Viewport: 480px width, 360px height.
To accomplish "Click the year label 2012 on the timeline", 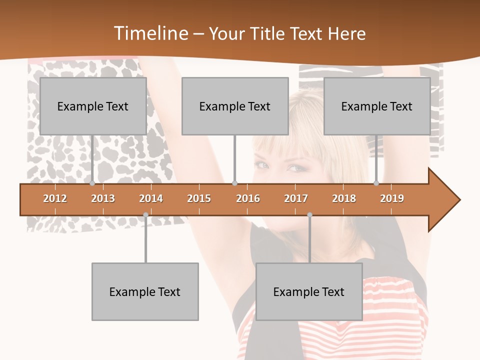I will click(55, 198).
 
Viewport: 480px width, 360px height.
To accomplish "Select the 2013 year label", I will click(103, 198).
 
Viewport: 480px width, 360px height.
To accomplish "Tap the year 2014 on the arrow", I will click(151, 198).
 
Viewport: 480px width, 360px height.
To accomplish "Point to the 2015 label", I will click(199, 198).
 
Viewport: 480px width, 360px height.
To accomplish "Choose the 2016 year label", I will click(248, 198).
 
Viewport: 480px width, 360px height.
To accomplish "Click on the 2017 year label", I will click(296, 198).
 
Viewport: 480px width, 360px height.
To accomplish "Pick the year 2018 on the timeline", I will click(344, 198).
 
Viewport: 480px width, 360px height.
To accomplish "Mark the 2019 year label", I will click(392, 198).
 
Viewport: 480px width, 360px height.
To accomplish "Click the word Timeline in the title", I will click(150, 33).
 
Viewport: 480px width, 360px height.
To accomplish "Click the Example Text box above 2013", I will click(93, 106).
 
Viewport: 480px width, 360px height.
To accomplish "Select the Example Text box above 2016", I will click(235, 106).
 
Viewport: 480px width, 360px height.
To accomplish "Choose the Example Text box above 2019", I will click(377, 106).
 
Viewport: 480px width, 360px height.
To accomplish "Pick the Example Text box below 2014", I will click(145, 291).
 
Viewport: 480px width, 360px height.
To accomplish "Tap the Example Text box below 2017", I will click(309, 291).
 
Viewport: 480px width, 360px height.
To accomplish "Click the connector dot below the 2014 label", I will click(145, 214).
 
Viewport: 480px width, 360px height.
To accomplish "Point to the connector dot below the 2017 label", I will click(309, 214).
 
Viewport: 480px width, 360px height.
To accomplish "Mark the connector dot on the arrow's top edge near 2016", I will click(234, 183).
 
